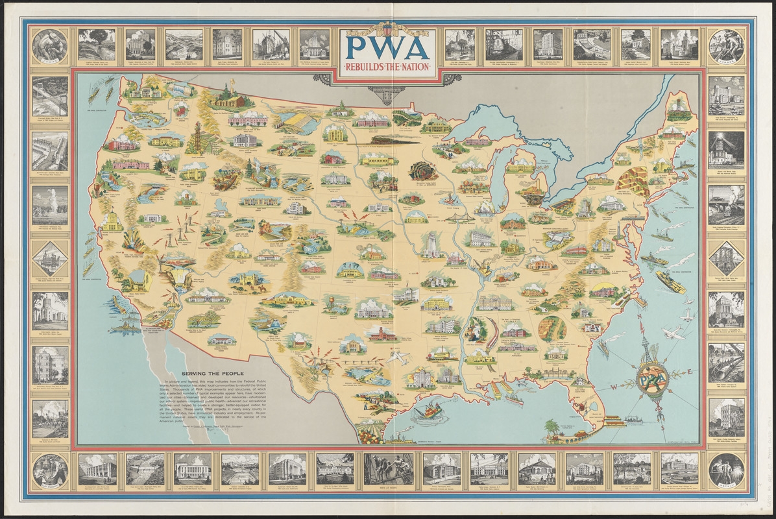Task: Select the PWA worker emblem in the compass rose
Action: tap(649, 376)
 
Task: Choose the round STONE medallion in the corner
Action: tap(50, 45)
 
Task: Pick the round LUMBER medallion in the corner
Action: tap(726, 45)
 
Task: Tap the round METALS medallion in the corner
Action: tap(726, 468)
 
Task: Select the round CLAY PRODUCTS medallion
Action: tap(50, 468)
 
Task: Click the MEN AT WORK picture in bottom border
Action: tap(388, 468)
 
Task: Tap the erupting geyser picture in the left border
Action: tap(50, 204)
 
